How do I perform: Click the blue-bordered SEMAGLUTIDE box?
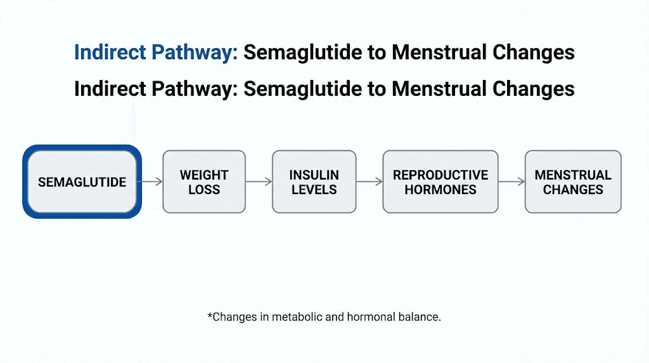[x=82, y=181]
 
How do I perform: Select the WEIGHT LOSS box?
[x=203, y=181]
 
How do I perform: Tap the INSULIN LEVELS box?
[x=314, y=181]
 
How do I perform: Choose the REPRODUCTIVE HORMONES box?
[x=440, y=181]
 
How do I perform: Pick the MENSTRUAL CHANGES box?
[x=573, y=181]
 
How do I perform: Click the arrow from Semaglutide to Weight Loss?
[x=151, y=181]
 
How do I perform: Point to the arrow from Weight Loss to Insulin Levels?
[x=259, y=181]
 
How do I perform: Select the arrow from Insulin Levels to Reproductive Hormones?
[x=369, y=181]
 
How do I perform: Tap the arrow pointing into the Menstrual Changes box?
[x=511, y=181]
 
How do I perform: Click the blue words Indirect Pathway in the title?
[x=156, y=53]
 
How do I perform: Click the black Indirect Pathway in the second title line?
[x=156, y=89]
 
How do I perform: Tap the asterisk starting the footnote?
[x=210, y=315]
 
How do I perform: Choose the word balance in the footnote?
[x=420, y=317]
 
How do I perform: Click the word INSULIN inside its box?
[x=314, y=175]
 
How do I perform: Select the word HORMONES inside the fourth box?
[x=440, y=189]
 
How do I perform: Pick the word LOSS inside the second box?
[x=203, y=189]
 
